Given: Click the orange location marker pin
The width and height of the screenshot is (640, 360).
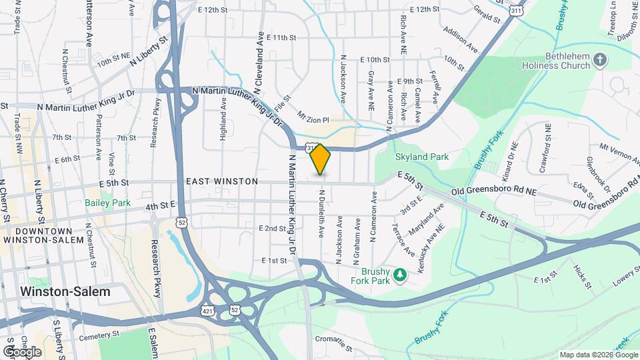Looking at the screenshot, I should [321, 159].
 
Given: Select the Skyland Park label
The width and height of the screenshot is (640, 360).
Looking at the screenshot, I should [422, 157].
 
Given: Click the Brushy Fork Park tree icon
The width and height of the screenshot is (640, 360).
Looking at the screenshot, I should [399, 275].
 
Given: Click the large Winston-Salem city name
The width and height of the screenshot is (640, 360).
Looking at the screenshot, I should [65, 291].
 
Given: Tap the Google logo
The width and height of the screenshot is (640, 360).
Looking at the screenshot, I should [22, 351].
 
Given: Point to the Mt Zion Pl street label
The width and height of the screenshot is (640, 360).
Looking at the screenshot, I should [313, 117].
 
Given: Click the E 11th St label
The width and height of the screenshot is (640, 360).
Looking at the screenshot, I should [281, 38].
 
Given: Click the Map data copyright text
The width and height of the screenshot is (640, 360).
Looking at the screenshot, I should [598, 355].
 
